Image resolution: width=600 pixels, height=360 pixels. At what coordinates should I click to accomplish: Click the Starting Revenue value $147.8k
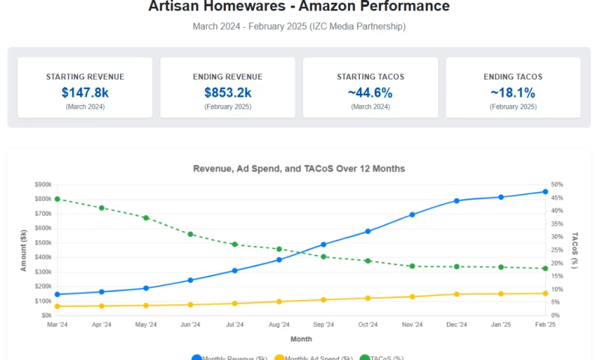pyautogui.click(x=85, y=93)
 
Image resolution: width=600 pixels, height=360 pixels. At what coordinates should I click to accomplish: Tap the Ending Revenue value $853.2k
pyautogui.click(x=227, y=93)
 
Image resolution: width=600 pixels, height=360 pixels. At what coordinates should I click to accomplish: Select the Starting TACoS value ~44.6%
pyautogui.click(x=370, y=93)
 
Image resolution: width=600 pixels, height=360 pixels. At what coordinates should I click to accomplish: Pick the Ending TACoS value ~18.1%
pyautogui.click(x=513, y=93)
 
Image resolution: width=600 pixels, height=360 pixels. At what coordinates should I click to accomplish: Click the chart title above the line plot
pyautogui.click(x=299, y=169)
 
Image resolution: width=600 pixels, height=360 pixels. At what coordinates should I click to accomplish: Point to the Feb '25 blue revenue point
pyautogui.click(x=545, y=191)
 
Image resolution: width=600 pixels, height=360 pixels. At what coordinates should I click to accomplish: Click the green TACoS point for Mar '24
pyautogui.click(x=57, y=199)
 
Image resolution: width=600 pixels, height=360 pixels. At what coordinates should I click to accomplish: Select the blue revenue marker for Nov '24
pyautogui.click(x=412, y=214)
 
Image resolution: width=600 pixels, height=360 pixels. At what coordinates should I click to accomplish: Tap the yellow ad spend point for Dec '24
pyautogui.click(x=456, y=294)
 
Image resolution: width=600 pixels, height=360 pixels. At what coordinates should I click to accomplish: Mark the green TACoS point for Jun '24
pyautogui.click(x=190, y=234)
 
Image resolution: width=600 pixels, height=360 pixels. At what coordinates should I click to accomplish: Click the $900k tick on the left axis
pyautogui.click(x=42, y=184)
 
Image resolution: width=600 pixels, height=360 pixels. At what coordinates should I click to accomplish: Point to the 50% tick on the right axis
pyautogui.click(x=556, y=184)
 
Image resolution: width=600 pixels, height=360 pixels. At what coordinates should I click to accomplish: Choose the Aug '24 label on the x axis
pyautogui.click(x=279, y=325)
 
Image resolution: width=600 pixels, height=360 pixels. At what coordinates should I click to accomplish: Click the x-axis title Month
pyautogui.click(x=301, y=339)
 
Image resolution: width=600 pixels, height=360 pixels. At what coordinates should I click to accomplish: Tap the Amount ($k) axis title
pyautogui.click(x=24, y=250)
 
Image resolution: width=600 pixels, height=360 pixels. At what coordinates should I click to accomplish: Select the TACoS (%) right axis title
pyautogui.click(x=575, y=250)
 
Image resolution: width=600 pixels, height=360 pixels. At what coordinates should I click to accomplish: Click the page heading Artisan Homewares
pyautogui.click(x=299, y=7)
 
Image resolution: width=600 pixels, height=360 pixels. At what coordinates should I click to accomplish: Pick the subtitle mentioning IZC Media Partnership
pyautogui.click(x=299, y=26)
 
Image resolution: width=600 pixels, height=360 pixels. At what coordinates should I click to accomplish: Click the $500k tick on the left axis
pyautogui.click(x=42, y=243)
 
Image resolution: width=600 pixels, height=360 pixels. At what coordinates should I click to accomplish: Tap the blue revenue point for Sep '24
pyautogui.click(x=323, y=244)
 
